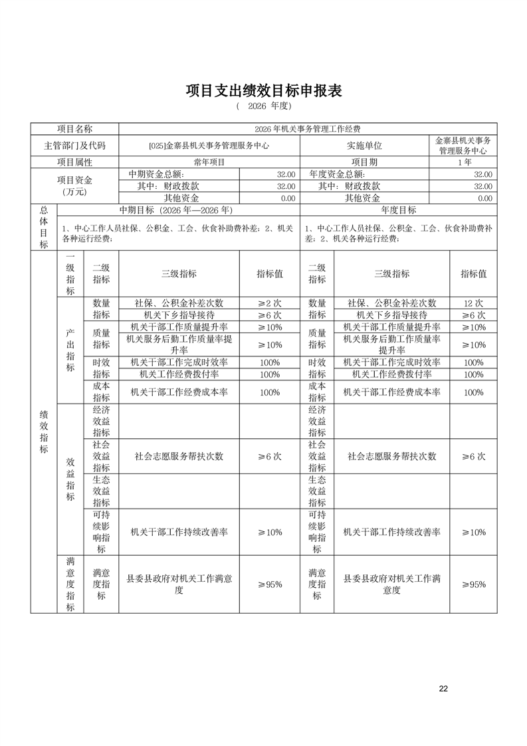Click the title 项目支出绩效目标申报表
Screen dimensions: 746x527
pyautogui.click(x=263, y=91)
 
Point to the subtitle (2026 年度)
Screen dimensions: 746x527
pyautogui.click(x=263, y=106)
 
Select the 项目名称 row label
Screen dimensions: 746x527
pyautogui.click(x=74, y=129)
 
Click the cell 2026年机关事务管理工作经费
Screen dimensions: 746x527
pyautogui.click(x=308, y=129)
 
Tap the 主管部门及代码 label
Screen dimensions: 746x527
pyautogui.click(x=74, y=146)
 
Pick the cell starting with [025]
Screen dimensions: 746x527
pyautogui.click(x=209, y=146)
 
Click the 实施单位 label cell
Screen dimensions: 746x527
pyautogui.click(x=364, y=146)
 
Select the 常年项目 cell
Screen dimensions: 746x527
pyautogui.click(x=209, y=162)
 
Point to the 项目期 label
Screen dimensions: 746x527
pyautogui.click(x=364, y=162)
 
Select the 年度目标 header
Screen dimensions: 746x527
pyautogui.click(x=399, y=210)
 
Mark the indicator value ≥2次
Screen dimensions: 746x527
pyautogui.click(x=270, y=303)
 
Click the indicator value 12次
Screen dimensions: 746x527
pyautogui.click(x=473, y=303)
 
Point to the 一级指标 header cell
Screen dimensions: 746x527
pyautogui.click(x=70, y=273)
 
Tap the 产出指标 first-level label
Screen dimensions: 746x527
pyautogui.click(x=70, y=350)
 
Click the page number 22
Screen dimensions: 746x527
pyautogui.click(x=443, y=688)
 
